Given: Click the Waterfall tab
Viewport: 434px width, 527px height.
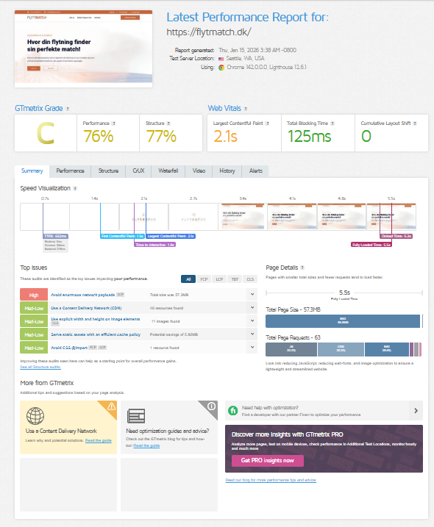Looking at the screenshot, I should [x=168, y=171].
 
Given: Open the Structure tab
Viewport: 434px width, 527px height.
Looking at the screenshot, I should [x=108, y=171].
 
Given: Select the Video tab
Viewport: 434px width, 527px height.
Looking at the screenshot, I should [x=199, y=171].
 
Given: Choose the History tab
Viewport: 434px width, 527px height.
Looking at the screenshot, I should [x=227, y=171].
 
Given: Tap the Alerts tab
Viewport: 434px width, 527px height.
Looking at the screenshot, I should [x=255, y=171].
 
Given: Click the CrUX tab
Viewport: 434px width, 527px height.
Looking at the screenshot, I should [x=138, y=171].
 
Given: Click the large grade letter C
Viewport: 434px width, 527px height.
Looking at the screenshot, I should [x=46, y=135].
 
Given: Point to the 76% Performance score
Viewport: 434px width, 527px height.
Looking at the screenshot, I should [x=98, y=136].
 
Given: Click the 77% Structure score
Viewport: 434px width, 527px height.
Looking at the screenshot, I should [x=161, y=136].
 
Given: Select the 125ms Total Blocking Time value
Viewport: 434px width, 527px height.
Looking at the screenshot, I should [x=309, y=136].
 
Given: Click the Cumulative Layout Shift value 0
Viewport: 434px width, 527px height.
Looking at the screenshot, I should [x=366, y=136].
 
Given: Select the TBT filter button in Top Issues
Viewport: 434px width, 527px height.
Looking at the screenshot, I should [x=235, y=279].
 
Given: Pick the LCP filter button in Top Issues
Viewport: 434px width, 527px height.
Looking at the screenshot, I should [x=219, y=279].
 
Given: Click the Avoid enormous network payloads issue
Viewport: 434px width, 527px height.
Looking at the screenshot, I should [x=82, y=294].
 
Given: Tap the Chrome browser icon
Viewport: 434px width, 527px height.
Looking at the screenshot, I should [x=221, y=67].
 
